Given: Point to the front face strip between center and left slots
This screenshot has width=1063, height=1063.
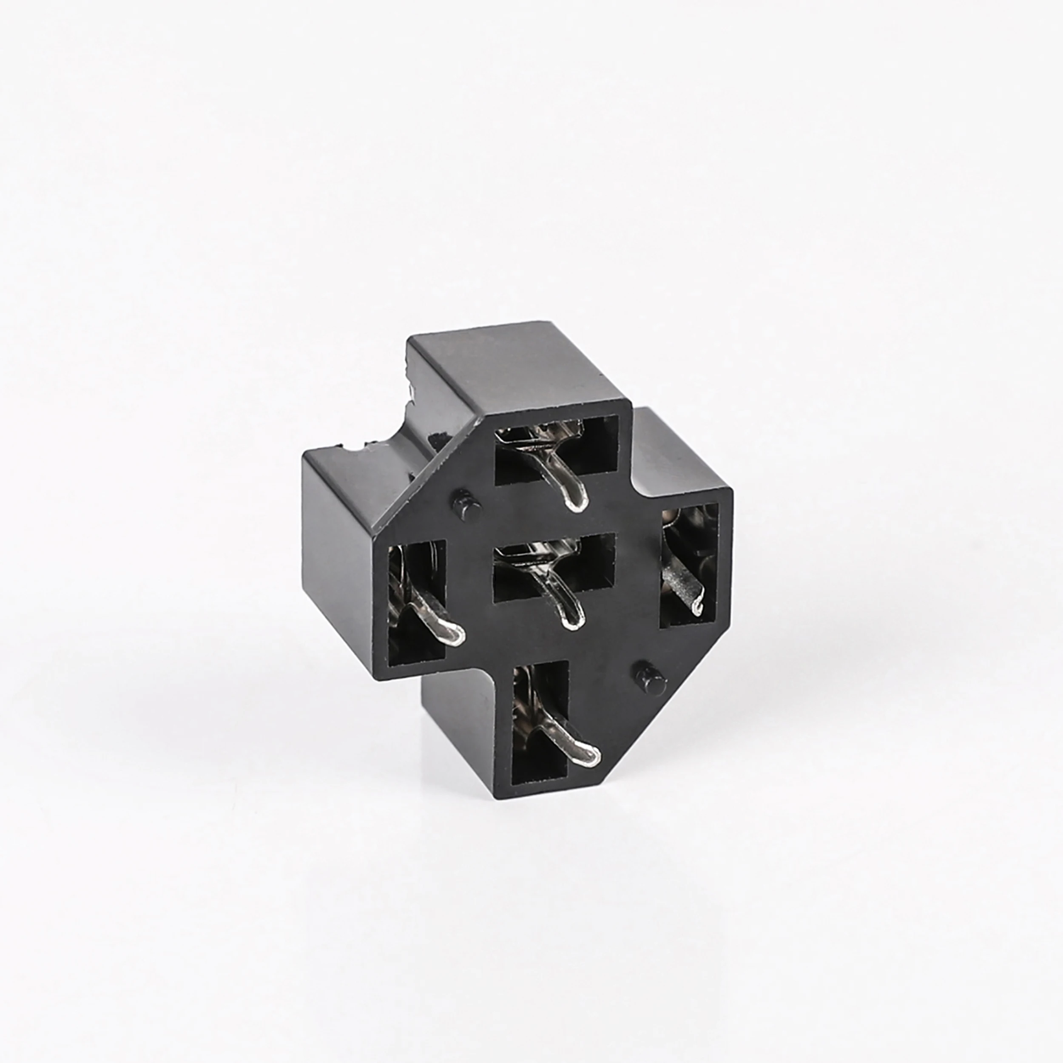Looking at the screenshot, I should point(470,583).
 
